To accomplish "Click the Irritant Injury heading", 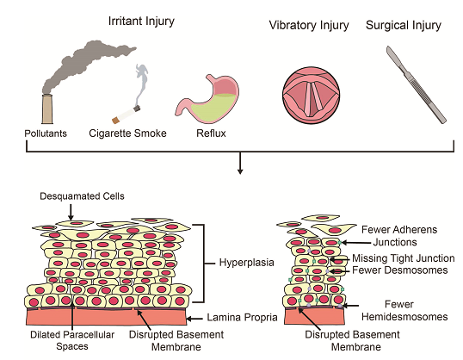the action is click(x=141, y=22).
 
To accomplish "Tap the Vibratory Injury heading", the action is click(x=309, y=26).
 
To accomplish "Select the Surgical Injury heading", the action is click(x=404, y=26).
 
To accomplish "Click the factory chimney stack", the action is click(x=47, y=109).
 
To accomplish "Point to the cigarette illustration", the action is click(x=127, y=115).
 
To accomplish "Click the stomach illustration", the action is click(x=207, y=99).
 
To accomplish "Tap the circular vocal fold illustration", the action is click(x=312, y=96).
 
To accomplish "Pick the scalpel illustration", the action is click(x=417, y=84).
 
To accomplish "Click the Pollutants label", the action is click(x=46, y=133).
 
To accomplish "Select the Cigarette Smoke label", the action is click(x=127, y=133).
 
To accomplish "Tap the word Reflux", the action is click(x=211, y=133).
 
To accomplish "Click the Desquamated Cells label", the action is click(x=82, y=196).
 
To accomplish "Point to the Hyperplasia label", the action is click(x=246, y=263).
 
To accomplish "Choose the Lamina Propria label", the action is click(x=242, y=318).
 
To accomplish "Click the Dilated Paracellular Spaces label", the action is click(x=72, y=340).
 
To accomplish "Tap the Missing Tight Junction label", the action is click(x=404, y=258).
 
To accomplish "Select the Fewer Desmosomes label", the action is click(x=400, y=270).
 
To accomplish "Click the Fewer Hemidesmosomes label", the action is click(x=404, y=311).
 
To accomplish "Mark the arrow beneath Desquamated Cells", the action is click(x=71, y=212).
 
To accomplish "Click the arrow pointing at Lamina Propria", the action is click(x=194, y=319).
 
